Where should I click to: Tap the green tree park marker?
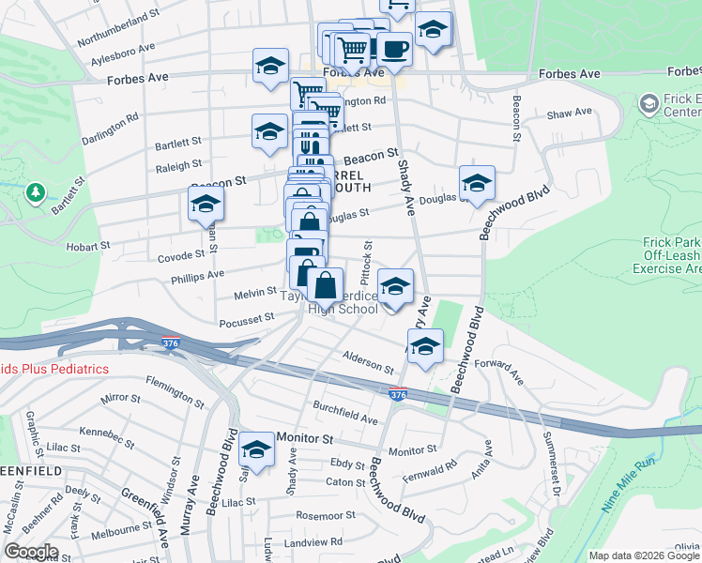(37, 192)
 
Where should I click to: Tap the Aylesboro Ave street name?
(124, 51)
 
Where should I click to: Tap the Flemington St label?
(175, 391)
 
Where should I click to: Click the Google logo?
(31, 552)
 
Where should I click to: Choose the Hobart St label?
(92, 246)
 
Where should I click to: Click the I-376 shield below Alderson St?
(398, 394)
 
